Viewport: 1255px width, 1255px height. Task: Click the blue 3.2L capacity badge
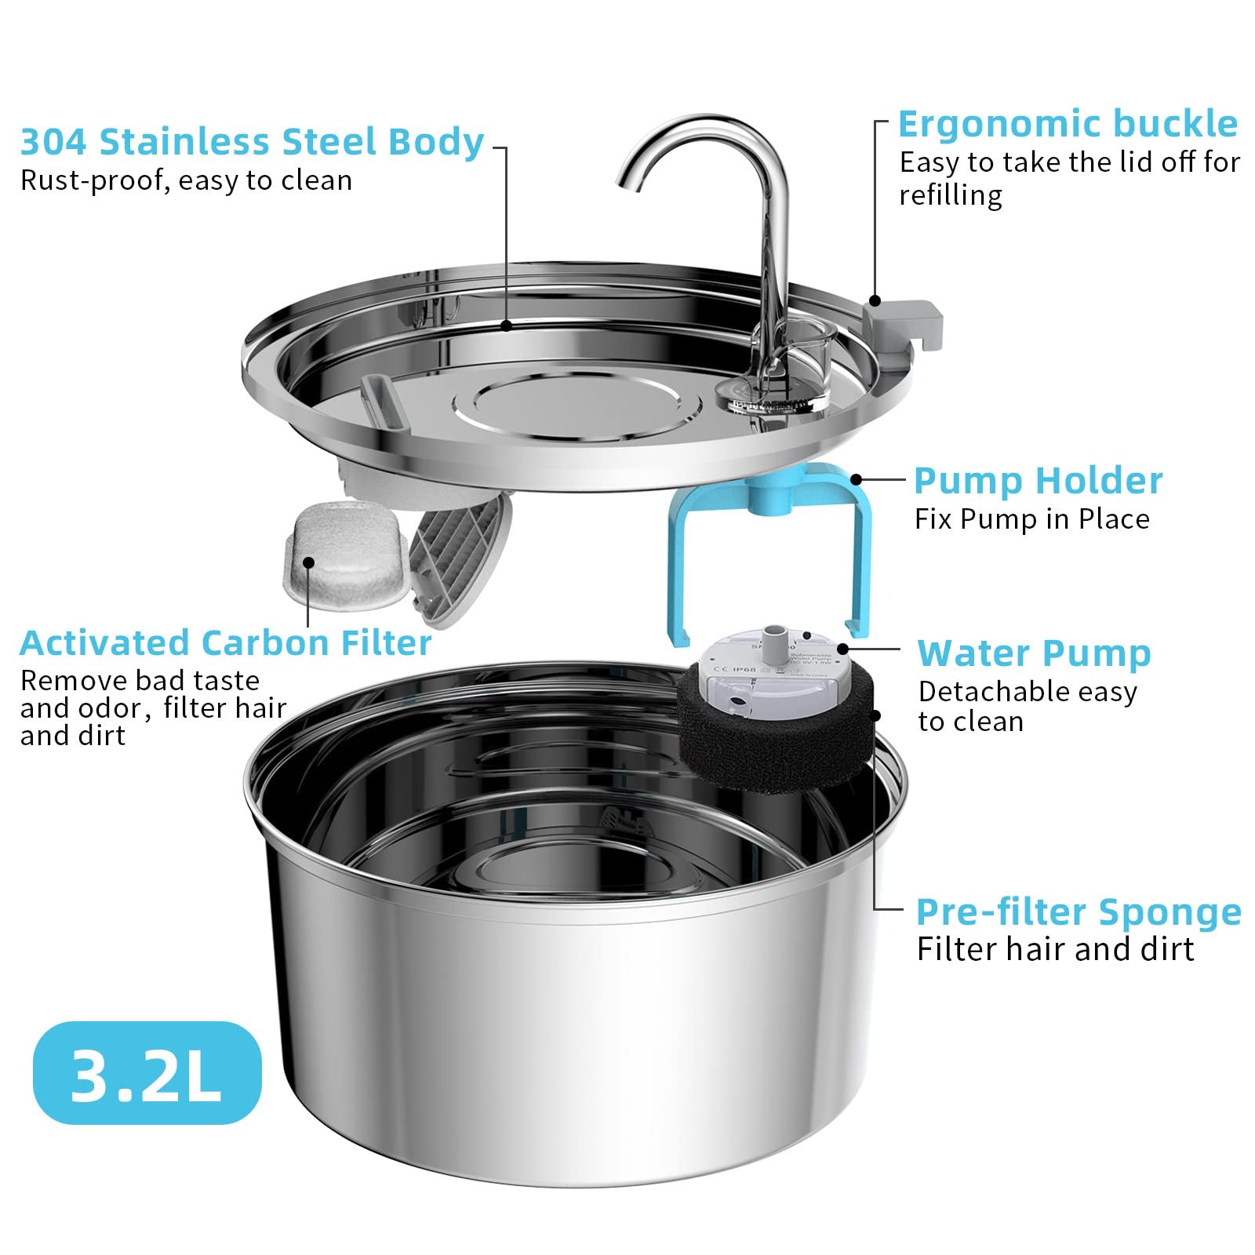point(147,1072)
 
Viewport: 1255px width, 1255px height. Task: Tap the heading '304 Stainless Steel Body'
point(252,142)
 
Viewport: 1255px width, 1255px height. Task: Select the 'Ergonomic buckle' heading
point(1068,124)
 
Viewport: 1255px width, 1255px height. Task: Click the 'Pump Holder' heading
point(1038,481)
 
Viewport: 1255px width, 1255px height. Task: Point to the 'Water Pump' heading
point(1034,653)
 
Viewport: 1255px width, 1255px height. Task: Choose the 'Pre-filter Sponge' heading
point(1079,911)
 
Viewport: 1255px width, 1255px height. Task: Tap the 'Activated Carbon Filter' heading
point(226,643)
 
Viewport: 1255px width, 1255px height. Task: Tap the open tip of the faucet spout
point(628,185)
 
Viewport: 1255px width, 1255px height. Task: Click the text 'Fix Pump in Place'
point(1031,519)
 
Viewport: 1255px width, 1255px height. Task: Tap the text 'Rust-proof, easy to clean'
point(186,181)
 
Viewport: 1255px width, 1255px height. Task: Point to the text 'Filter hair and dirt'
point(1055,950)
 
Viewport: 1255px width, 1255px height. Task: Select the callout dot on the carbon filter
point(308,562)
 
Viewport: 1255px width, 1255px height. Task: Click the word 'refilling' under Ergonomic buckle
point(951,195)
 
